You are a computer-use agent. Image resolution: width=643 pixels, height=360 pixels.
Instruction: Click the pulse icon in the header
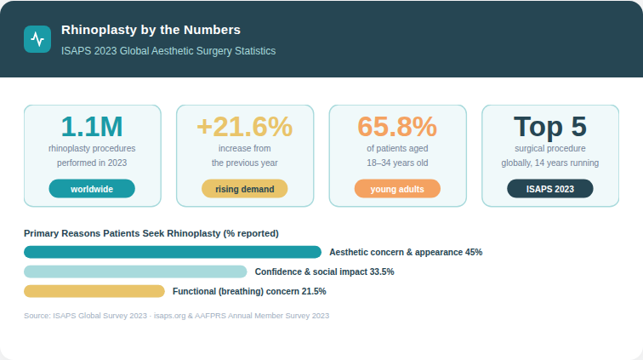[x=37, y=39]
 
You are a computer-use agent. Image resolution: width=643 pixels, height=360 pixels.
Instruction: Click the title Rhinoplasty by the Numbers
[x=151, y=31]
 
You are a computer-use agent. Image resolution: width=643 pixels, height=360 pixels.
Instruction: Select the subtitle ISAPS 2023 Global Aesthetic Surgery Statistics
[x=168, y=51]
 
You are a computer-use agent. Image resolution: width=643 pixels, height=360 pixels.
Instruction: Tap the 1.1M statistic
[x=92, y=127]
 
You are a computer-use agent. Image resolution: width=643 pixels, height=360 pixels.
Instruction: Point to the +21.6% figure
[x=244, y=127]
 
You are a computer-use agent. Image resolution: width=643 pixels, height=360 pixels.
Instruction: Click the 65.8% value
[x=397, y=127]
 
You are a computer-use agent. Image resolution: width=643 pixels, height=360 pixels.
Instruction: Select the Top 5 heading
[x=549, y=127]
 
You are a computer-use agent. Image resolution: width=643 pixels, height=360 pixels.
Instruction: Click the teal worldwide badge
[x=92, y=189]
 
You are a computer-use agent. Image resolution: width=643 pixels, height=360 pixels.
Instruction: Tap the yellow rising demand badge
[x=244, y=189]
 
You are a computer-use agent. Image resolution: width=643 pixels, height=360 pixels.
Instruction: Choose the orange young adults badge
[x=397, y=189]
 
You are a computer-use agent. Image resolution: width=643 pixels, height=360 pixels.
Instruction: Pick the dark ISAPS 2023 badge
[x=549, y=189]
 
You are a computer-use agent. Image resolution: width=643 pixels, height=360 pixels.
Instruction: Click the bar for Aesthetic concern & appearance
[x=173, y=252]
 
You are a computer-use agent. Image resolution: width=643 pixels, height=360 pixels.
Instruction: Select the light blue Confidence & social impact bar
[x=135, y=271]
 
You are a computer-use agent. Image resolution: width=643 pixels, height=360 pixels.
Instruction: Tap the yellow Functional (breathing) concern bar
[x=94, y=291]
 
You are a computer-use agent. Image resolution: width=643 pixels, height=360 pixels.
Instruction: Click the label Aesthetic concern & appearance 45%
[x=406, y=252]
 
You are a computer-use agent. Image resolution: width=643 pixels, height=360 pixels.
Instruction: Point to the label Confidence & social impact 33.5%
[x=324, y=271]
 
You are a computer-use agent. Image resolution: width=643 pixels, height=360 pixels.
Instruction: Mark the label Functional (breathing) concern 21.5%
[x=249, y=291]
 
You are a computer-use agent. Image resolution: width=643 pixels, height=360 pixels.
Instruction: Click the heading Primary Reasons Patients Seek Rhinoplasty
[x=151, y=232]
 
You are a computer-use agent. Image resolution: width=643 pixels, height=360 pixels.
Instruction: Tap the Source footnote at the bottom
[x=176, y=316]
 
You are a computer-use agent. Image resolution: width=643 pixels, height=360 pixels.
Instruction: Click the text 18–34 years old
[x=397, y=163]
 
